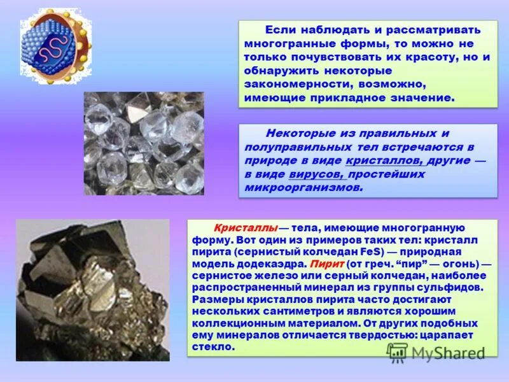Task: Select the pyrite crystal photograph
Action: pyautogui.click(x=93, y=290)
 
